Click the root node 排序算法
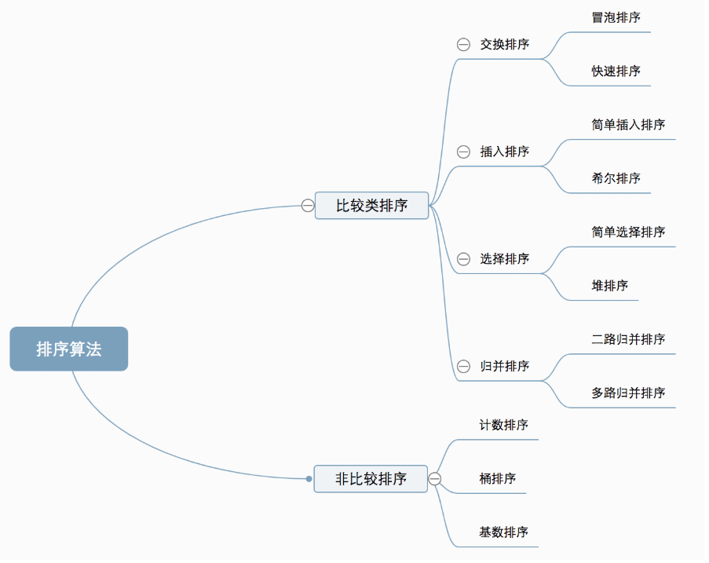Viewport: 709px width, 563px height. (68, 349)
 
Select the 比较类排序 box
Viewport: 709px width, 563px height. (371, 206)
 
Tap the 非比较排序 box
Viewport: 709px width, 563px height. (371, 478)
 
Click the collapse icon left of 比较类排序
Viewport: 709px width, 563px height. (308, 206)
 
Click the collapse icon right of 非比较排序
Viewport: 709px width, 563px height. (434, 478)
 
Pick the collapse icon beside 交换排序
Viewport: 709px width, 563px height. (463, 45)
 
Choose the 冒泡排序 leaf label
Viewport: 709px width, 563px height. (616, 17)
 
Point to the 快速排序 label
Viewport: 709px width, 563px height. (616, 71)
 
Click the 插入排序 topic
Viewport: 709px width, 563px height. (504, 152)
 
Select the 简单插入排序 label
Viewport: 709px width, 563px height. (628, 125)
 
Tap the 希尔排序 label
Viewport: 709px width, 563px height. (616, 178)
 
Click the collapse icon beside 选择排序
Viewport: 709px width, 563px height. (463, 259)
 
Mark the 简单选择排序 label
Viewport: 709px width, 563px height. (628, 232)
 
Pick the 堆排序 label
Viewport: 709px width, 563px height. (609, 286)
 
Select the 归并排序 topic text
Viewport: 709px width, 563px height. (504, 367)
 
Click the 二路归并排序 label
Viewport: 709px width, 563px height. (628, 339)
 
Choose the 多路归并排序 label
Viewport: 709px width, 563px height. (628, 393)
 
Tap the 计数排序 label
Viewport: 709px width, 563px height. (503, 425)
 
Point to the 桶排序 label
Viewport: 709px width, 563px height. (497, 478)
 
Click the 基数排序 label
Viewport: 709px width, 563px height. (503, 532)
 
